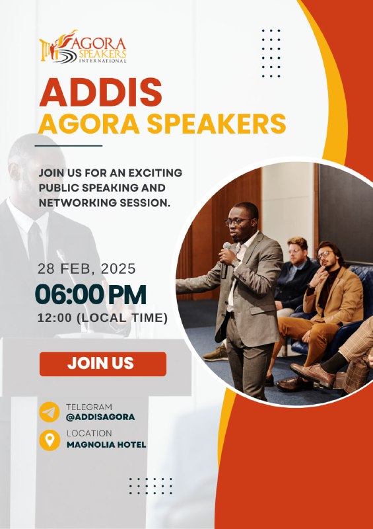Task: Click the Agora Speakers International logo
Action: (x=83, y=46)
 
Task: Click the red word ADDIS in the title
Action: (x=101, y=93)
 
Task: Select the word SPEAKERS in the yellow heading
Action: (x=217, y=124)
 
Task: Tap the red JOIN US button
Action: (x=103, y=364)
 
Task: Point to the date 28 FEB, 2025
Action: (x=86, y=269)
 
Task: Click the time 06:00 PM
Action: (x=90, y=294)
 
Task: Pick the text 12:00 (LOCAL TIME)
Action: (x=102, y=318)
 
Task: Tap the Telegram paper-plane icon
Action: (x=50, y=412)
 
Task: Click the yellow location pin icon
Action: (x=50, y=440)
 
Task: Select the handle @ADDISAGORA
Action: (x=100, y=417)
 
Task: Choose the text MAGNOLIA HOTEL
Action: (x=106, y=444)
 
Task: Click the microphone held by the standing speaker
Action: (x=225, y=259)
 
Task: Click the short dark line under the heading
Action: (x=69, y=145)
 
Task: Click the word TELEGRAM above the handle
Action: (x=89, y=407)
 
